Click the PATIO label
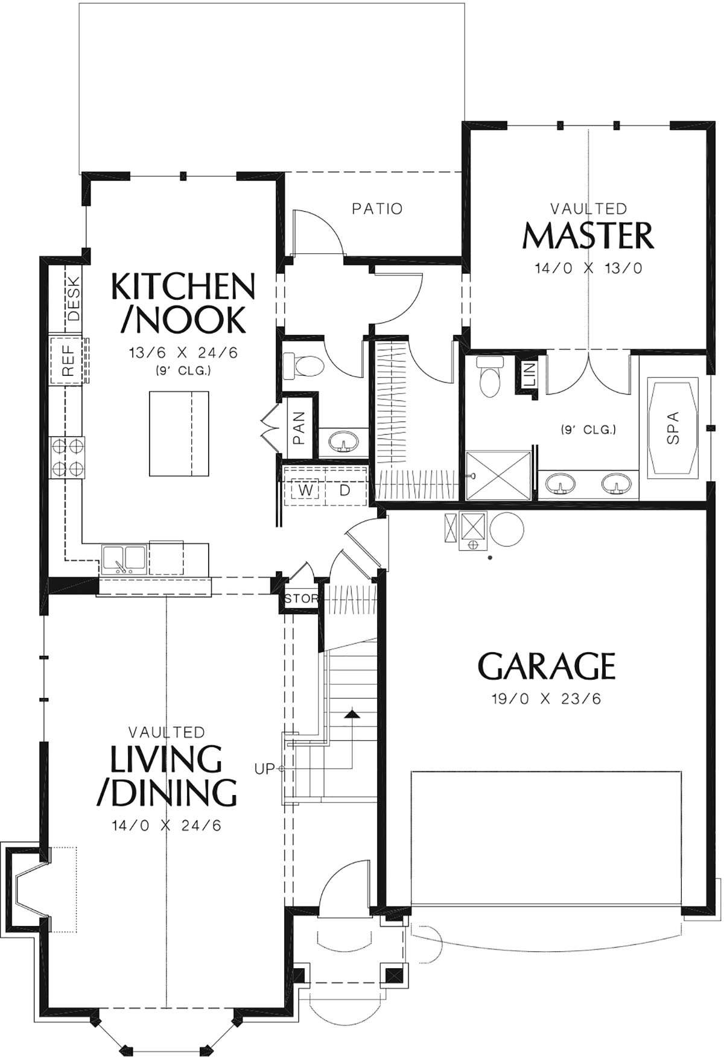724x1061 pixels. pyautogui.click(x=377, y=209)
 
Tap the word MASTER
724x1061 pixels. pyautogui.click(x=588, y=236)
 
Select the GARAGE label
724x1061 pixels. pyautogui.click(x=547, y=666)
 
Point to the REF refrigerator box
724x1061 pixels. pyautogui.click(x=68, y=361)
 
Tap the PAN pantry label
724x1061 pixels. pyautogui.click(x=299, y=427)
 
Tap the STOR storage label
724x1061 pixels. pyautogui.click(x=301, y=599)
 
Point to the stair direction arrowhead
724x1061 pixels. pyautogui.click(x=352, y=715)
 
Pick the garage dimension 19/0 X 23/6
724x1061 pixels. pyautogui.click(x=547, y=699)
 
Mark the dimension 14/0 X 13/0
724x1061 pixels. pyautogui.click(x=588, y=268)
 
